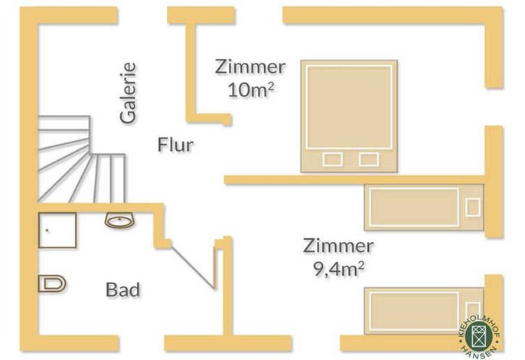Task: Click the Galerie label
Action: coord(129,93)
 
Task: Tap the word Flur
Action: coord(175,145)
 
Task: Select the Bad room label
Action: coord(122,290)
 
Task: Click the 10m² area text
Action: coord(251,90)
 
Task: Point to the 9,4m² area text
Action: coord(339,269)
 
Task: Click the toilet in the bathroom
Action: coord(52,283)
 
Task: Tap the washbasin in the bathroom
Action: coord(120,221)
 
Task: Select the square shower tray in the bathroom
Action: coord(57,231)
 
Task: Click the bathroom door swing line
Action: coord(193,267)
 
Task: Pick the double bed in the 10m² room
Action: coord(349,116)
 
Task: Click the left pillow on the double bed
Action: coord(332,159)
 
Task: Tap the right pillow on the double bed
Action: coord(369,159)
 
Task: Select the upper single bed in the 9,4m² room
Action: coord(424,207)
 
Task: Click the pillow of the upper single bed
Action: coord(473,207)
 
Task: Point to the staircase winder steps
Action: coord(81,159)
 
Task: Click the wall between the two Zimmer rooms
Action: coord(355,180)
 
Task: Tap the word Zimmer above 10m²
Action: coord(250,67)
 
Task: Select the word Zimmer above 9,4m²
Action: coord(338,246)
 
